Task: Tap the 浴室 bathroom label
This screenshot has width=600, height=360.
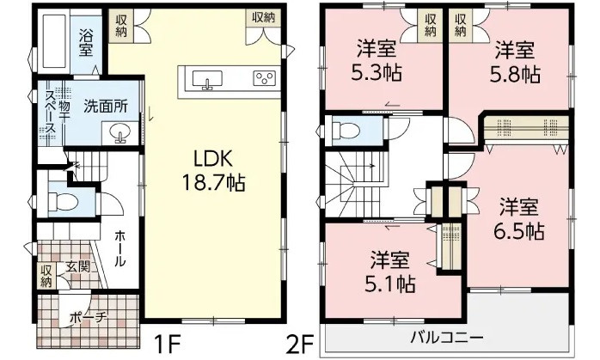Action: (x=87, y=42)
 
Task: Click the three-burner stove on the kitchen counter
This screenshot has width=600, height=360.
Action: (x=263, y=79)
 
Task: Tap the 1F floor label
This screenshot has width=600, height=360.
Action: (x=167, y=345)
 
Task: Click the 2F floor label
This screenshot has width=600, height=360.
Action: (x=300, y=345)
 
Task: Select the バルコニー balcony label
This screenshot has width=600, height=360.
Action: (x=445, y=335)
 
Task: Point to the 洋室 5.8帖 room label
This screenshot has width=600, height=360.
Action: (x=513, y=62)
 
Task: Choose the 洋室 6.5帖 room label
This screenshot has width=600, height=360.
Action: (x=520, y=219)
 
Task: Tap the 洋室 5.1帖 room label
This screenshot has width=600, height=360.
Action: (x=391, y=271)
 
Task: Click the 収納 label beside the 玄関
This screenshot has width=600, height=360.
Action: (x=46, y=275)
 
